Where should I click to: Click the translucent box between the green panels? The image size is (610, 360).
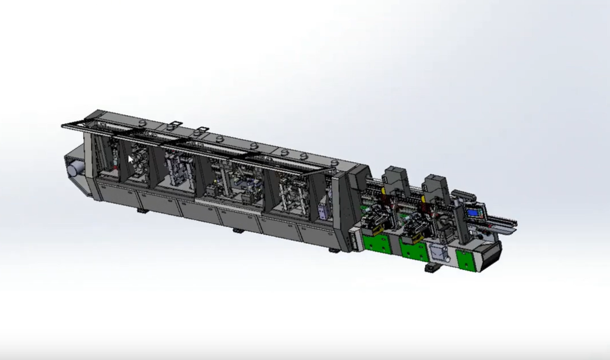coord(438,253)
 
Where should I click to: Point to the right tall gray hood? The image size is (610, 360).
coord(437,186)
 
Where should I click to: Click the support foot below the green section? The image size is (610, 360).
coord(432,269)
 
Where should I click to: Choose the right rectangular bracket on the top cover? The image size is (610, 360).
coord(202,131)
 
